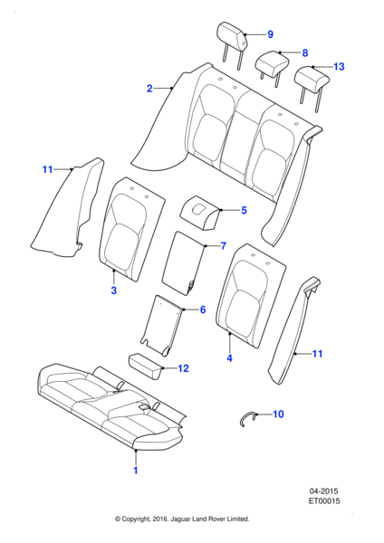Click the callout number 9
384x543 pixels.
tap(270, 34)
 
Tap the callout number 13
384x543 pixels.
tap(339, 66)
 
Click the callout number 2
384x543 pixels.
tap(149, 89)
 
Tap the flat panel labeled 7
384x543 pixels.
tap(184, 263)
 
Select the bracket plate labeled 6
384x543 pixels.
tap(162, 326)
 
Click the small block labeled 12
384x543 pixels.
tap(146, 366)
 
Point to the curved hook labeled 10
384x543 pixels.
tap(247, 417)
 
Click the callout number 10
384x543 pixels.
tap(278, 414)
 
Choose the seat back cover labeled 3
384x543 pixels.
tap(131, 229)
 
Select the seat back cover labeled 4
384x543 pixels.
tap(251, 295)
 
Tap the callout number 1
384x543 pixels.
tap(136, 471)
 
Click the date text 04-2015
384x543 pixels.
tap(323, 491)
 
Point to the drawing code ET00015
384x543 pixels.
tap(324, 501)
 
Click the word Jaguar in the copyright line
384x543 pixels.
tap(180, 519)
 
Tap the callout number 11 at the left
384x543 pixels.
tap(47, 169)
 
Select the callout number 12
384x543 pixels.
tap(183, 368)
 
